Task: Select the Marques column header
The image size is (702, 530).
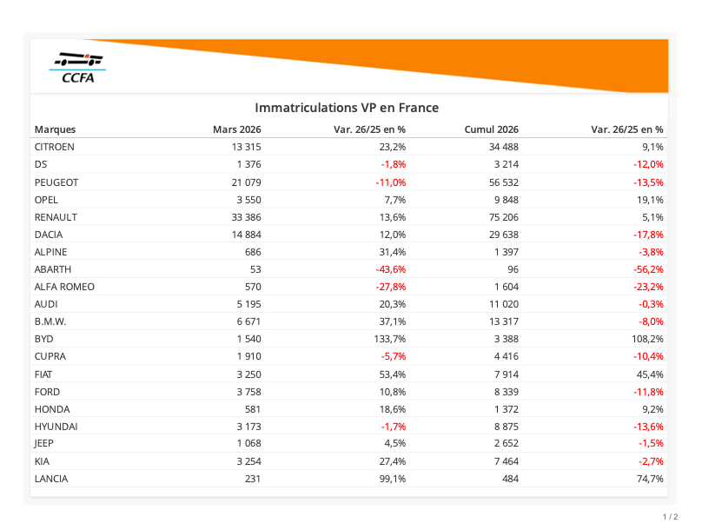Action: [x=55, y=129]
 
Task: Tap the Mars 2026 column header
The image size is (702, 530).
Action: [x=237, y=129]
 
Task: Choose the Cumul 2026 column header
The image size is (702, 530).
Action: [x=492, y=129]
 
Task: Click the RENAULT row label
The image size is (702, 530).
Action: [x=56, y=217]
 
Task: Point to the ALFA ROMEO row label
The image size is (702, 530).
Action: [x=64, y=287]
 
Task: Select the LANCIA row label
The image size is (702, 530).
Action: [x=51, y=479]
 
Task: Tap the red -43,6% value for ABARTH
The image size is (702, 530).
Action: [x=388, y=269]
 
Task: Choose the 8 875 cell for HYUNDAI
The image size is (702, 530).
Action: [x=504, y=427]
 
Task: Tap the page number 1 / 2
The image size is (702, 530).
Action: [x=670, y=517]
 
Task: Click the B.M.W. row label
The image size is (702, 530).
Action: [x=50, y=321]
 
